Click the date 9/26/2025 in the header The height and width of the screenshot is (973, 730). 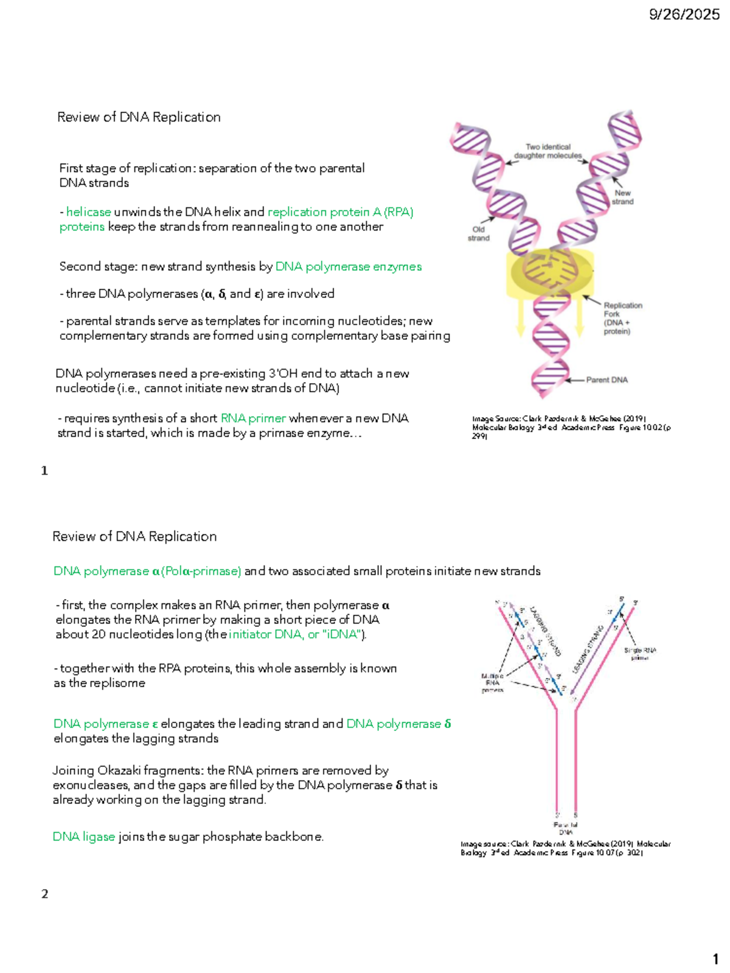click(684, 15)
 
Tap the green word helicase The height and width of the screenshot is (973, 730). click(89, 212)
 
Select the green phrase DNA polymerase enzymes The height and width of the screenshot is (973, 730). click(349, 267)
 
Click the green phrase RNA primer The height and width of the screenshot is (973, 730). click(253, 418)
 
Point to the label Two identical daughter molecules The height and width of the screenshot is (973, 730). click(547, 151)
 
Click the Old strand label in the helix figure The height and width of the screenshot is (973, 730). click(479, 234)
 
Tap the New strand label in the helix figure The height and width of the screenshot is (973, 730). click(622, 197)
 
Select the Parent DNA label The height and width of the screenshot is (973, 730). click(607, 380)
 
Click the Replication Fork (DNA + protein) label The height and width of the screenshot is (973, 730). click(622, 318)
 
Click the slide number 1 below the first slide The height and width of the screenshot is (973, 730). click(44, 471)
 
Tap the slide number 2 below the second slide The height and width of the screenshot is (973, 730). click(44, 894)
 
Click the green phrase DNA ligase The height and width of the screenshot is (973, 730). click(84, 837)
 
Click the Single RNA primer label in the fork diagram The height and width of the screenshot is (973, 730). click(640, 654)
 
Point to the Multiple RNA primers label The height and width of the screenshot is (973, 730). click(492, 683)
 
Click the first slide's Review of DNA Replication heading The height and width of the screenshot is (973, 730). click(139, 117)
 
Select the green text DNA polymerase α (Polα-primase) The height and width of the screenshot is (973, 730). click(147, 572)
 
